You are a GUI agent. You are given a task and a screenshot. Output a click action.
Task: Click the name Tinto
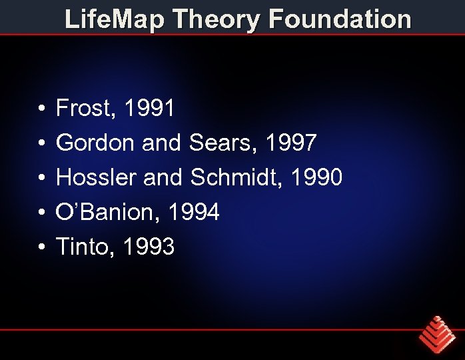(81, 247)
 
